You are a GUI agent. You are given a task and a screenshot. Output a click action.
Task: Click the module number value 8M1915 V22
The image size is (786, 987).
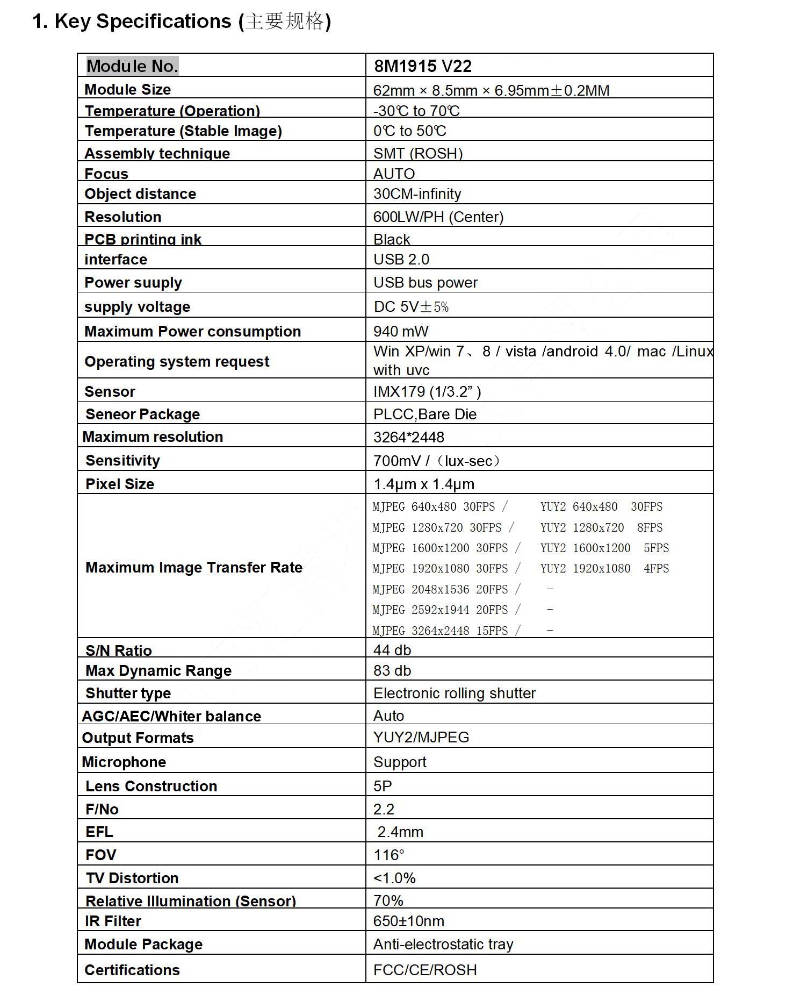pyautogui.click(x=422, y=66)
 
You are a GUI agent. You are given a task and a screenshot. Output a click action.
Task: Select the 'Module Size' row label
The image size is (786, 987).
pyautogui.click(x=127, y=89)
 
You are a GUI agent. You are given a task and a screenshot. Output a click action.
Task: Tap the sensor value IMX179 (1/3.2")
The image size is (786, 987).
pyautogui.click(x=427, y=391)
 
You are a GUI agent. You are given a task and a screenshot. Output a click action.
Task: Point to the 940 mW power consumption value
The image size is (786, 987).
pyautogui.click(x=401, y=331)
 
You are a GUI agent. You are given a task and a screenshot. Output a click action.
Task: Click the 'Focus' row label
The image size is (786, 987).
pyautogui.click(x=106, y=174)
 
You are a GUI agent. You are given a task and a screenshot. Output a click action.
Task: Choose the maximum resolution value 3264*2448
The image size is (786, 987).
pyautogui.click(x=408, y=437)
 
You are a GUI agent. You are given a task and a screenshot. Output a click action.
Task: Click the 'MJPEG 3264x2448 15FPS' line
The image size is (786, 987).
pyautogui.click(x=440, y=631)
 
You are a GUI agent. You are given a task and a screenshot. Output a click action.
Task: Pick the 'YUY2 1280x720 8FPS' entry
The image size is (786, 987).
pyautogui.click(x=601, y=527)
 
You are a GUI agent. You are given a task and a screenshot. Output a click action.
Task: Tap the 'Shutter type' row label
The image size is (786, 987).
pyautogui.click(x=128, y=693)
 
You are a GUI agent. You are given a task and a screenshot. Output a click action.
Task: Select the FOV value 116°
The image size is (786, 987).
pyautogui.click(x=388, y=855)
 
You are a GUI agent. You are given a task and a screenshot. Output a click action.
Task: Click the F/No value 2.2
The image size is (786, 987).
pyautogui.click(x=384, y=809)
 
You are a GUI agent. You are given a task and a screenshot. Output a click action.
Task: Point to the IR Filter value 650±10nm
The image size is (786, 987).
pyautogui.click(x=408, y=921)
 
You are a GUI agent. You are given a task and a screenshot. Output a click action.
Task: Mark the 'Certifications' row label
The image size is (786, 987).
pyautogui.click(x=132, y=970)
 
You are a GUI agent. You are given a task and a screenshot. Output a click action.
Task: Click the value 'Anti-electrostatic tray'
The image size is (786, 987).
pyautogui.click(x=443, y=944)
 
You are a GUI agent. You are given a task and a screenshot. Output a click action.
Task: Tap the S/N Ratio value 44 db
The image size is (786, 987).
pyautogui.click(x=392, y=650)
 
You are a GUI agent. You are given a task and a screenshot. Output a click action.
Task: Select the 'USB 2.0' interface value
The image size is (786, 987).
pyautogui.click(x=401, y=259)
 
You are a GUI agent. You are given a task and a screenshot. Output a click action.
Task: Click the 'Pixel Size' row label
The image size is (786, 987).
pyautogui.click(x=120, y=484)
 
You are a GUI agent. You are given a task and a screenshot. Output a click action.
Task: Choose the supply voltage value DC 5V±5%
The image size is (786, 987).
pyautogui.click(x=411, y=306)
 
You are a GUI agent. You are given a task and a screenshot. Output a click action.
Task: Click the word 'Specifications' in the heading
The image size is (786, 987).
pyautogui.click(x=163, y=22)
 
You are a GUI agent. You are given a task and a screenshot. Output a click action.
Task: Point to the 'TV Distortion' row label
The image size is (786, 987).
pyautogui.click(x=132, y=878)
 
